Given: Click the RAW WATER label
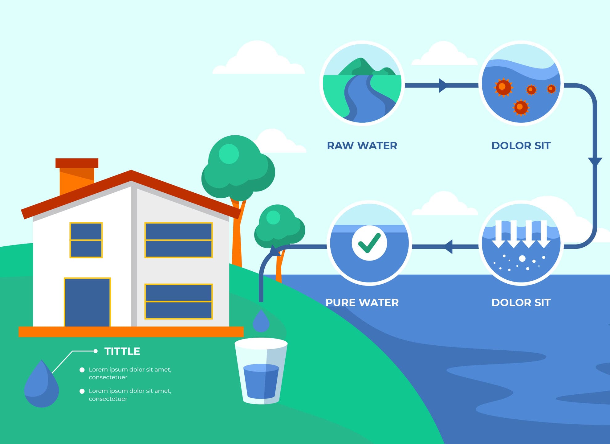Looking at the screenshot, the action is pos(362,146).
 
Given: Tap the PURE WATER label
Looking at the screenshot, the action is pos(362,302).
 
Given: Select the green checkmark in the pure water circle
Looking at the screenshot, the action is pos(369,243).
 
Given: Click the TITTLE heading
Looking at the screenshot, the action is pos(122,351).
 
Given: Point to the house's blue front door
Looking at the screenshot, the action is pos(87,302).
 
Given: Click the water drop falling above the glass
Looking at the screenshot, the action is pos(261,321).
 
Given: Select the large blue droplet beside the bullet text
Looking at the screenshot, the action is pos(41,384).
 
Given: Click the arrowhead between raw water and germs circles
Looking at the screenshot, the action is pos(442,85).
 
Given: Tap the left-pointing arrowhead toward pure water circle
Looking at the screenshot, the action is pos(448,247).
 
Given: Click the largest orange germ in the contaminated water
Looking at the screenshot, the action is pos(503,87).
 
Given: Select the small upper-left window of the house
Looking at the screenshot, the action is pos(86,240).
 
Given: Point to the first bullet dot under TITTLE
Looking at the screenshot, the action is pos(82,370).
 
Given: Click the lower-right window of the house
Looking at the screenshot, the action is pos(179,301).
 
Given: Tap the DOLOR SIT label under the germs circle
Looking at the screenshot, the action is pos(521,146).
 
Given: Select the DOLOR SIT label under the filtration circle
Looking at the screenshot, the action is pos(521,302).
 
